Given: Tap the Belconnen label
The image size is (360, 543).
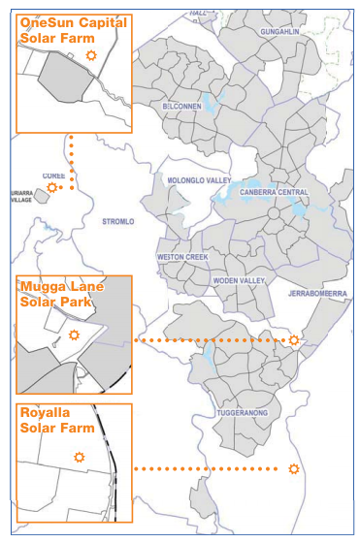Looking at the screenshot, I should click(x=181, y=105).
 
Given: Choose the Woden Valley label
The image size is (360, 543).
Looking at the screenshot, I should click(x=239, y=280).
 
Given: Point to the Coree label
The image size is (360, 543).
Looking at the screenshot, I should click(x=52, y=176).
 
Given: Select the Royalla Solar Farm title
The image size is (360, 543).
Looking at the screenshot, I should click(x=57, y=421).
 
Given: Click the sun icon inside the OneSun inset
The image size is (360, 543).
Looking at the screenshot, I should click(x=91, y=56).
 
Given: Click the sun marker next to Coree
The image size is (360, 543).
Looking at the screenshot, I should click(x=52, y=187).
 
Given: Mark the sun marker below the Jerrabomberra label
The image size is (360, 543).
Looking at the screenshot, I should click(x=294, y=340).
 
